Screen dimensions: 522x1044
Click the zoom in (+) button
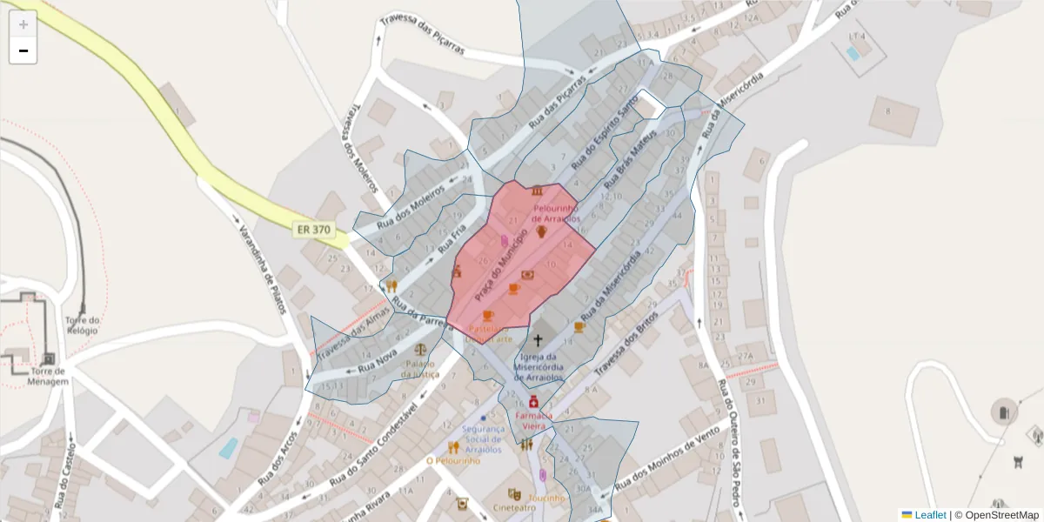[x=23, y=24]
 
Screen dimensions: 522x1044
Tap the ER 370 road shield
[x=313, y=230]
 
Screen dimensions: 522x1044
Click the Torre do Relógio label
[x=83, y=325]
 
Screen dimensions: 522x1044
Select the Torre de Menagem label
[x=47, y=377]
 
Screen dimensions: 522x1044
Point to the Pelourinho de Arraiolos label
[x=556, y=213]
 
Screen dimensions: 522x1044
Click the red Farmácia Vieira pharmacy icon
[x=532, y=403]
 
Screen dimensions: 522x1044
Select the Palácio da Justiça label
[x=419, y=369]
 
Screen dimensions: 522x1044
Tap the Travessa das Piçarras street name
[x=422, y=35]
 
